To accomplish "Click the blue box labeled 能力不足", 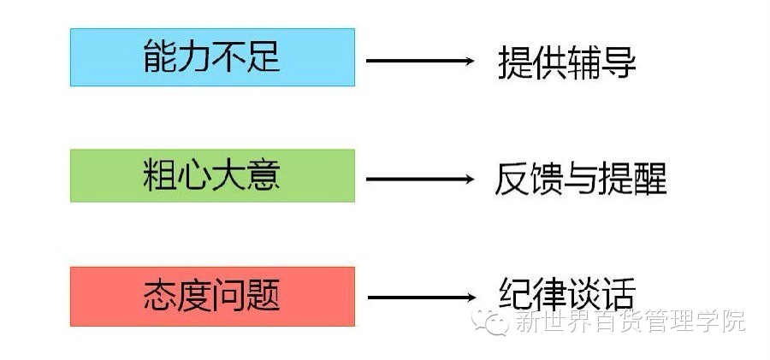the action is (x=212, y=57).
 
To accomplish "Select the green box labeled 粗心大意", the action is (x=212, y=175).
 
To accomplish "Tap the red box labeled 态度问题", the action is (x=212, y=296).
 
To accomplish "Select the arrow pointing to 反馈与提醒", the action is (x=420, y=179).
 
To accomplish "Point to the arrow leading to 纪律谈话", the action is (x=420, y=298).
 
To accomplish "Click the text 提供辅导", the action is (x=566, y=62).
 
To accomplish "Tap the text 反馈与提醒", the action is (x=580, y=179).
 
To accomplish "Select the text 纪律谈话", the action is (x=566, y=294).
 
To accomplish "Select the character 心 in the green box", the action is (x=194, y=175).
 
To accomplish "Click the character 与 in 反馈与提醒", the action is (x=580, y=179).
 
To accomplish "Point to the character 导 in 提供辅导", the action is (x=619, y=62).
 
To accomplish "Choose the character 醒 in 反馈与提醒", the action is (x=649, y=179).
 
